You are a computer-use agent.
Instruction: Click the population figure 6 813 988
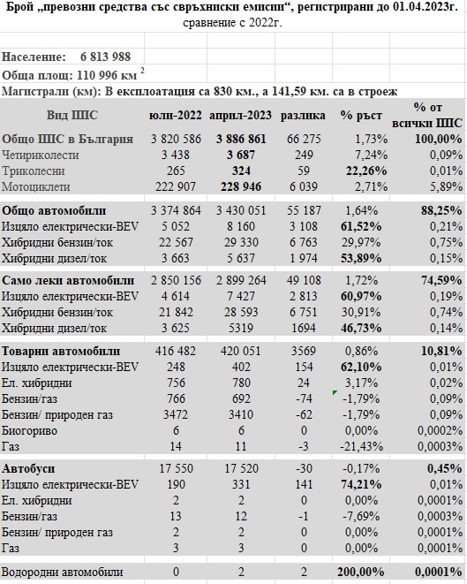[x=105, y=57]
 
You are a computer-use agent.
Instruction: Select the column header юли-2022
[x=176, y=116]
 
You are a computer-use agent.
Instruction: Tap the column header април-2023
[x=240, y=116]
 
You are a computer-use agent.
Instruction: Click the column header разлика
[x=303, y=116]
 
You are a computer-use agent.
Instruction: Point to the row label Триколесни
[x=34, y=171]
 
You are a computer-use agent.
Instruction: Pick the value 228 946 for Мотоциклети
[x=241, y=186]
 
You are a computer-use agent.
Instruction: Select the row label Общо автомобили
[x=54, y=210]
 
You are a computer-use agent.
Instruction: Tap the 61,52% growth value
[x=361, y=226]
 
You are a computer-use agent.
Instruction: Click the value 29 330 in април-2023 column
[x=241, y=242]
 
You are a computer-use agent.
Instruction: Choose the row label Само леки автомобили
[x=68, y=280]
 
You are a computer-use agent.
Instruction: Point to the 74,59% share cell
[x=441, y=280]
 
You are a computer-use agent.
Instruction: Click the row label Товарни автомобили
[x=61, y=352]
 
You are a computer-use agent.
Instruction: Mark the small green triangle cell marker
[x=335, y=392]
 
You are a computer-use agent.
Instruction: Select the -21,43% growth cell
[x=361, y=446]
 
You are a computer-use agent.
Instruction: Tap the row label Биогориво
[x=29, y=430]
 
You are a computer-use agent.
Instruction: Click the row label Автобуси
[x=28, y=468]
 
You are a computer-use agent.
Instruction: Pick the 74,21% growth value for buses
[x=361, y=484]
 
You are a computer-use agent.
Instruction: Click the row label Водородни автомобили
[x=62, y=573]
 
